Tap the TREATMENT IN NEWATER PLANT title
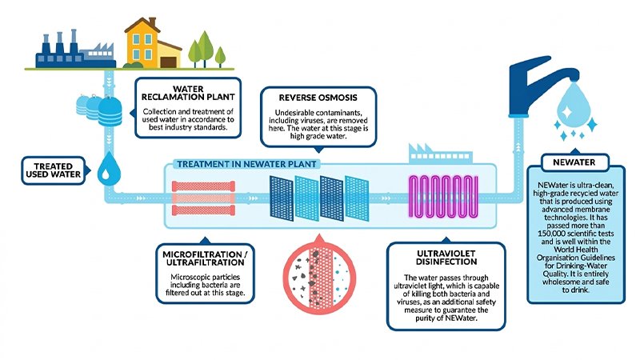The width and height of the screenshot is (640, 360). [x=246, y=165]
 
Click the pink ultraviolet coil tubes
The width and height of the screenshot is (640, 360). [x=444, y=197]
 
